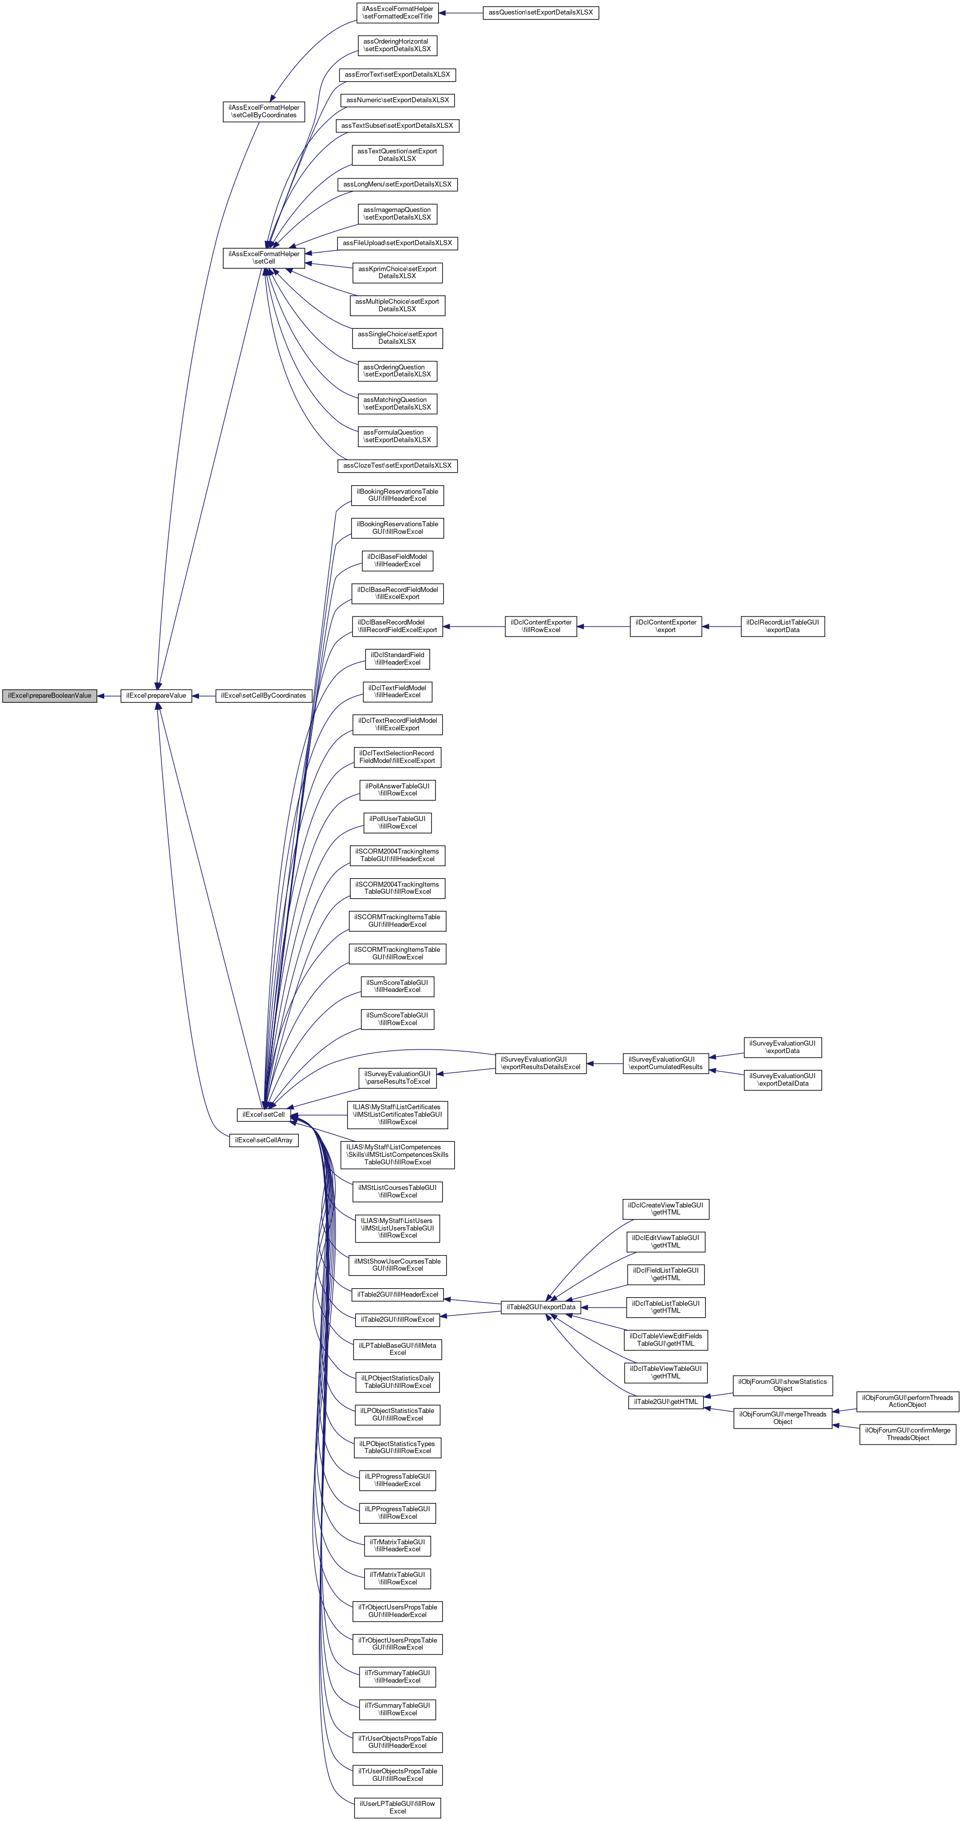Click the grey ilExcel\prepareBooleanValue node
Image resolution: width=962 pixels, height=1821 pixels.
[x=50, y=696]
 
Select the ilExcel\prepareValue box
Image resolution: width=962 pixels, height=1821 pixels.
[x=156, y=696]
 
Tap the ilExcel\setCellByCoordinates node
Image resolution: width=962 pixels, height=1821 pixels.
[x=264, y=696]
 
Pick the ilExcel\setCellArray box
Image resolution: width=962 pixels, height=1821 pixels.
[x=264, y=1140]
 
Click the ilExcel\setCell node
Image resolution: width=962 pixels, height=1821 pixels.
[x=264, y=1115]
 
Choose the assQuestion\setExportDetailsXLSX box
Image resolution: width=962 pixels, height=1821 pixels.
[x=541, y=13]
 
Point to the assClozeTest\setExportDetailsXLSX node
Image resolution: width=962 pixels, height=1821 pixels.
[x=397, y=466]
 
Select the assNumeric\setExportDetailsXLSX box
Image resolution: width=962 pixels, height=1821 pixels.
[x=397, y=100]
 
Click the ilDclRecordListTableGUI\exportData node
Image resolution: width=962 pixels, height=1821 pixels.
[x=783, y=627]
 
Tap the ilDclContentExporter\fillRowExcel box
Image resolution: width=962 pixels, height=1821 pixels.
[x=541, y=627]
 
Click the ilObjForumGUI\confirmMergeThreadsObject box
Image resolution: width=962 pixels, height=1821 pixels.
[x=907, y=1434]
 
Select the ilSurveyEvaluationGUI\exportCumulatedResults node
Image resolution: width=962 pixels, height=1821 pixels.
[x=666, y=1063]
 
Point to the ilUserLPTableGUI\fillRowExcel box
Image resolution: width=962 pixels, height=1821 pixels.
[x=397, y=1807]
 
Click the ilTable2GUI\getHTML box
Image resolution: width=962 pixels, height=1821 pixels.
[x=666, y=1402]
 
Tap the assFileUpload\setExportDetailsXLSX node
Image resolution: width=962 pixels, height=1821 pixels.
[x=397, y=243]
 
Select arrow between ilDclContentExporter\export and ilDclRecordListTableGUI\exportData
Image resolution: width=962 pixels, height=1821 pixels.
[x=721, y=627]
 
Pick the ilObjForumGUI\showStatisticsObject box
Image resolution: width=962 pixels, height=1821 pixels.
[x=783, y=1385]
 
